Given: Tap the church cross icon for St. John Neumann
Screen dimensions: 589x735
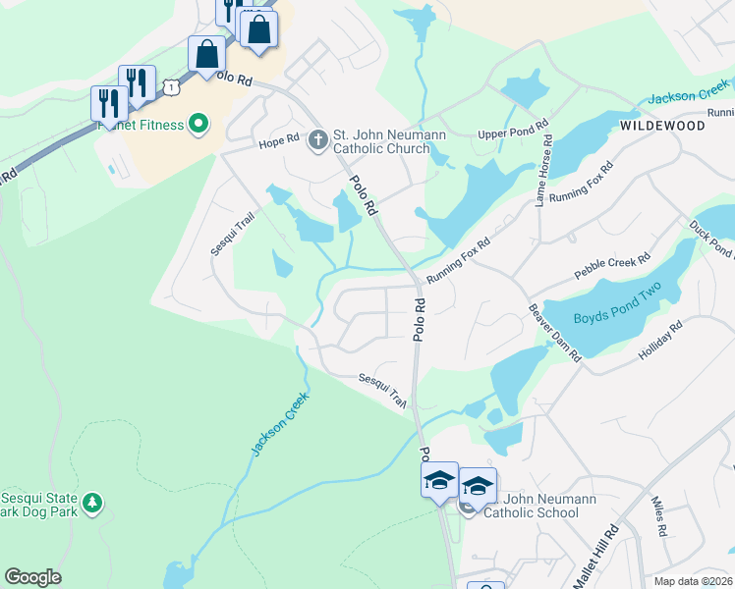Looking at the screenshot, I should pyautogui.click(x=316, y=140).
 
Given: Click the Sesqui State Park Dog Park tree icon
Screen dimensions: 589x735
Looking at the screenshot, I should pyautogui.click(x=92, y=503).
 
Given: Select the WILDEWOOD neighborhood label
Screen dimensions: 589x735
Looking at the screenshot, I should pyautogui.click(x=662, y=127).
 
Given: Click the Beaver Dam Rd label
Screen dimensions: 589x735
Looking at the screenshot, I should pyautogui.click(x=555, y=333).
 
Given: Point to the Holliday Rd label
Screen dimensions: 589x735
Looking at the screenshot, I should pyautogui.click(x=661, y=341).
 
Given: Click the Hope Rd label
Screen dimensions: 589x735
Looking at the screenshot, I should pyautogui.click(x=278, y=140).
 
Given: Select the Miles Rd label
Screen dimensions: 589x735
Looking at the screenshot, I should pyautogui.click(x=659, y=516).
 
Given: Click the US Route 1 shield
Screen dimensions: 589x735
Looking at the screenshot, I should pyautogui.click(x=173, y=87).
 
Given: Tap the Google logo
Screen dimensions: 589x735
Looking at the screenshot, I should pyautogui.click(x=32, y=577).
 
